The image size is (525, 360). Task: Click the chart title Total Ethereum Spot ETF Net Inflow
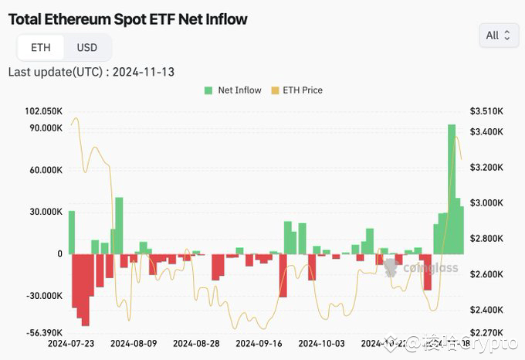point(128,19)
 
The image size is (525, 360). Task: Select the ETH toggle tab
point(41,48)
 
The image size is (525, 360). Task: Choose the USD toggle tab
point(87,48)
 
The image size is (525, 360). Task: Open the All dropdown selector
point(498,35)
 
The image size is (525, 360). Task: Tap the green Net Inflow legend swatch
point(208,90)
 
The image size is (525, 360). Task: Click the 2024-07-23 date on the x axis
point(70,343)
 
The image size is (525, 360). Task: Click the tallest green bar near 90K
point(452,188)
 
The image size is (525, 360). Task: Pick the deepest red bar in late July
point(86,290)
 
